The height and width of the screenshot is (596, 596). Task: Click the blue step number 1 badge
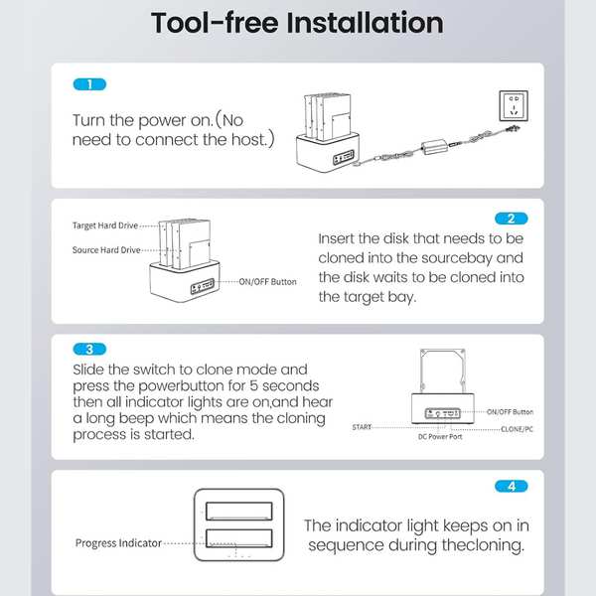click(89, 84)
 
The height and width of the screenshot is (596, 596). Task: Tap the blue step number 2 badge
click(512, 219)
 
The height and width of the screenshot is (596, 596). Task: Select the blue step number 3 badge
click(89, 349)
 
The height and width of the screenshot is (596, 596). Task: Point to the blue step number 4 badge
click(512, 486)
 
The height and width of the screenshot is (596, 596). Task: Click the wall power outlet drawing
click(514, 106)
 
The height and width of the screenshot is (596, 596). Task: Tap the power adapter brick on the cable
click(434, 146)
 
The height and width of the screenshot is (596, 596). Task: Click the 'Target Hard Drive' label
click(105, 225)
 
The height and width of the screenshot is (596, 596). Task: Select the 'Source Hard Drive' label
click(106, 249)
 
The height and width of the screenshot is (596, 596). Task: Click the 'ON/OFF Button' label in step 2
click(267, 282)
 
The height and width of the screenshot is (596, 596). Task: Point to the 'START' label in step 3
click(362, 427)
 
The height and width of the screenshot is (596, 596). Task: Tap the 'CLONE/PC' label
click(517, 429)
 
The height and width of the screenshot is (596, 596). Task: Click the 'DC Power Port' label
click(440, 437)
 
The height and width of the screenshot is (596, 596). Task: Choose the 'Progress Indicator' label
click(118, 542)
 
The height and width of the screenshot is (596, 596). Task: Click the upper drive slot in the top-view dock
click(239, 511)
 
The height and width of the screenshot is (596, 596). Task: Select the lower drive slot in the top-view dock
click(239, 537)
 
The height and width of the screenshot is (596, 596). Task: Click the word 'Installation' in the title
click(365, 23)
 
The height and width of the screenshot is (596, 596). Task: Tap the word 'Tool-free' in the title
click(215, 23)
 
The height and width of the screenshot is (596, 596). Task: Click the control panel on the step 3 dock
click(442, 413)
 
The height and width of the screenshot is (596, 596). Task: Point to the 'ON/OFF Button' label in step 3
click(511, 411)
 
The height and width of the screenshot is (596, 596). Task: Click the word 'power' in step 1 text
click(163, 121)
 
